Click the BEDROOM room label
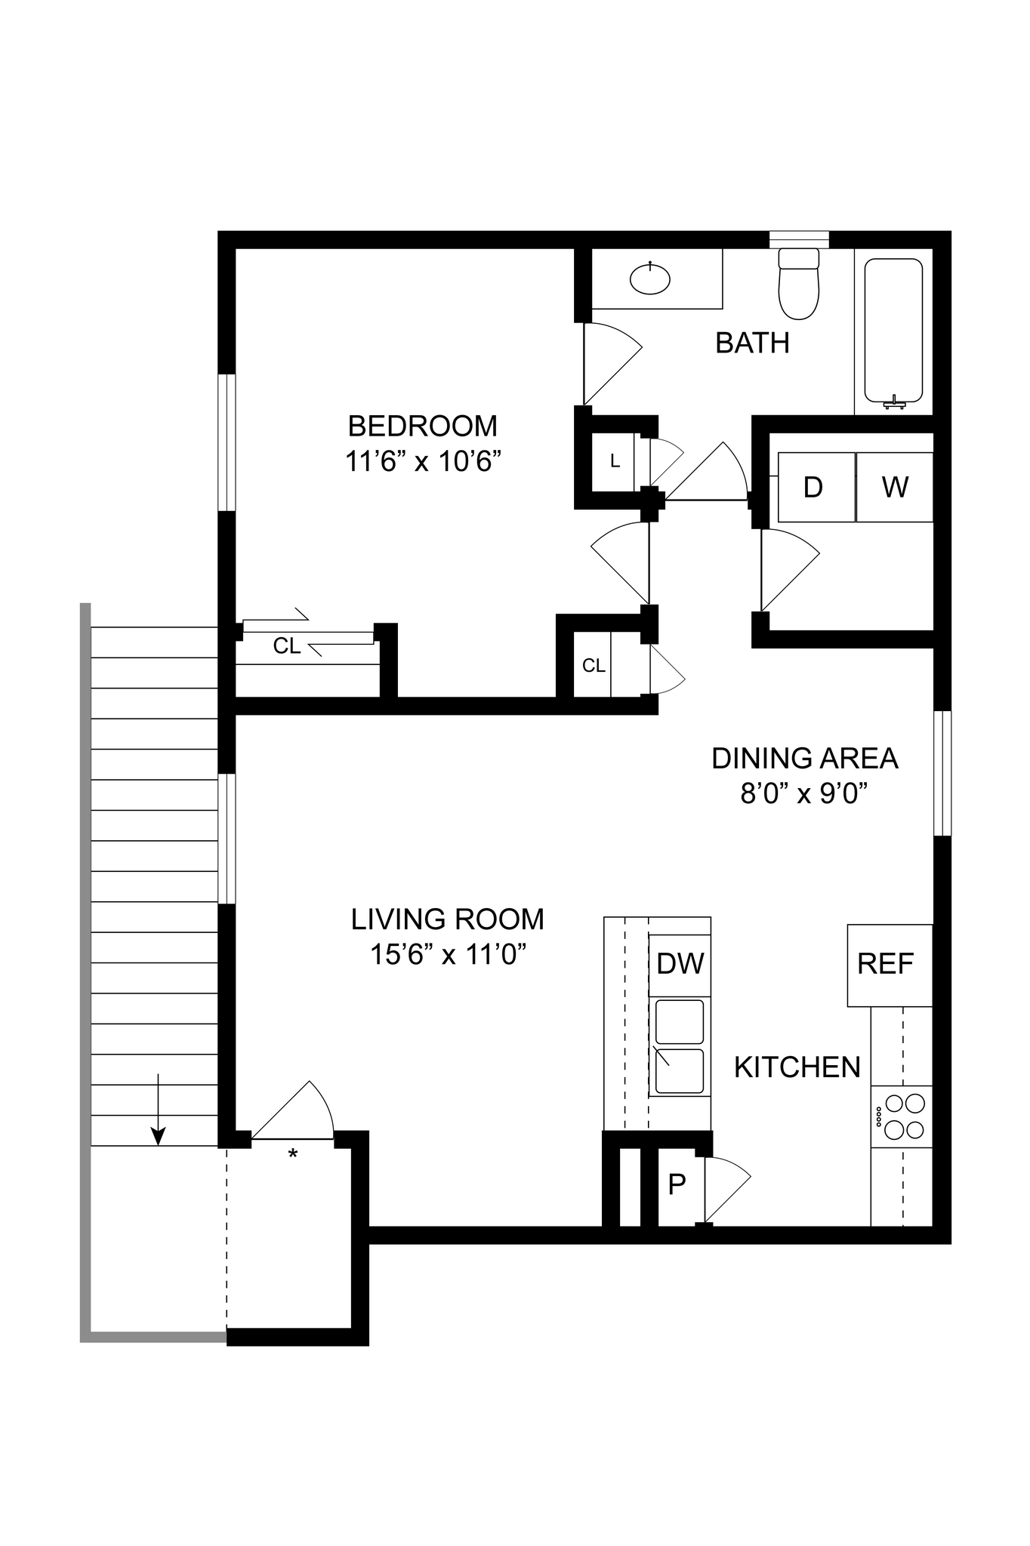point(422,427)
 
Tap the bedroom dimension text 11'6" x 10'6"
point(423,461)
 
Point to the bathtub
point(893,330)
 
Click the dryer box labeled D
point(814,488)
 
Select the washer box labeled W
point(895,488)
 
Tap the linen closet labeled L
point(615,461)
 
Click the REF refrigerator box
point(888,964)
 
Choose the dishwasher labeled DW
point(680,964)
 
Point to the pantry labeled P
point(677,1185)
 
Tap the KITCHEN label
point(797,1067)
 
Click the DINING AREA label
point(804,759)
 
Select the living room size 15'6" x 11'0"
point(448,955)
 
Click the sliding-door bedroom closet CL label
point(287,646)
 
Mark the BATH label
point(752,343)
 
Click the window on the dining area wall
point(942,773)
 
